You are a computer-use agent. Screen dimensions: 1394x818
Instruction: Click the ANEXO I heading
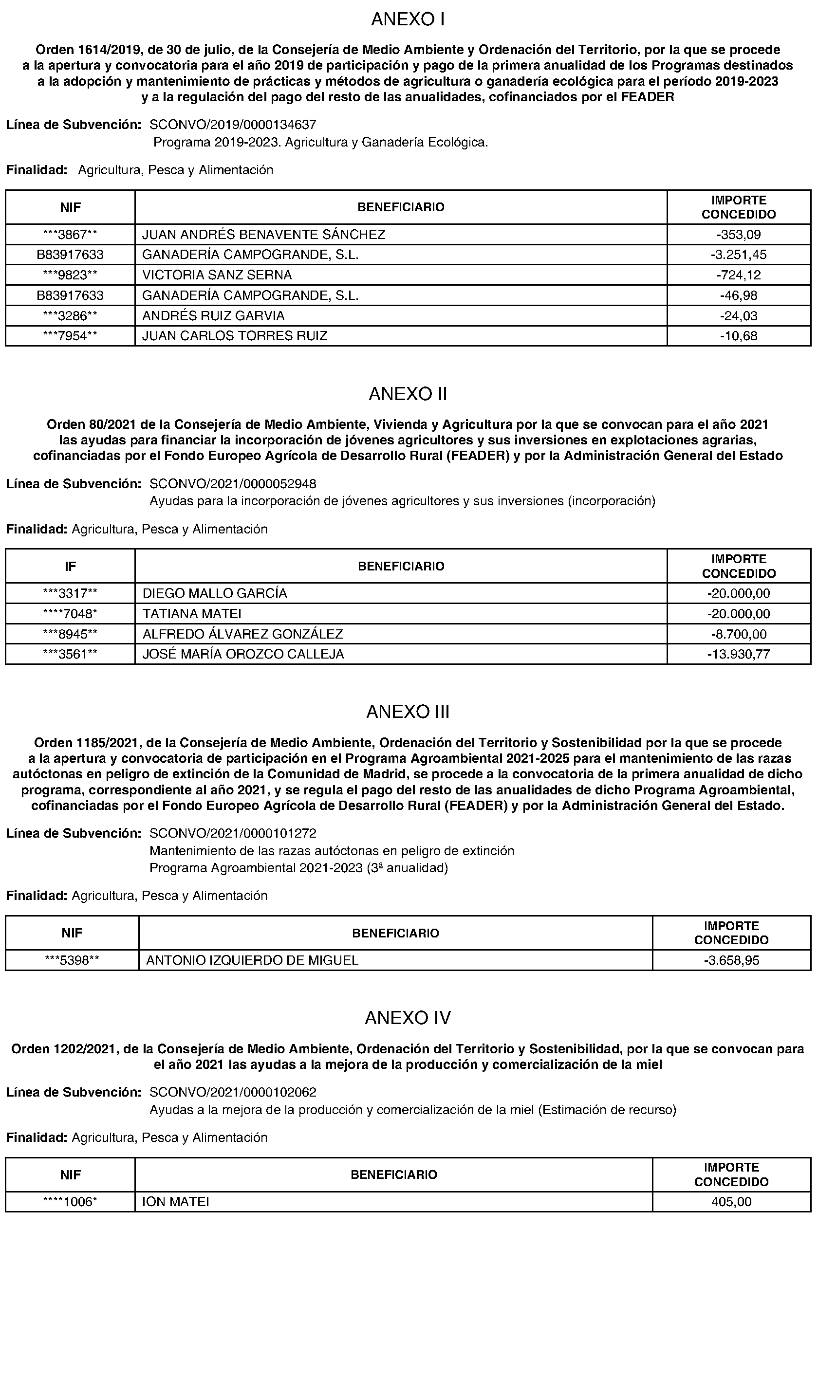[x=408, y=19]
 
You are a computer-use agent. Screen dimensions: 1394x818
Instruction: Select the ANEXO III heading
[x=408, y=712]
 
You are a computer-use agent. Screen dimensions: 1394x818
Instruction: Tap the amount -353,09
[x=738, y=235]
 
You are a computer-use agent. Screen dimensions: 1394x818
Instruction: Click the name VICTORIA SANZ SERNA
[x=217, y=275]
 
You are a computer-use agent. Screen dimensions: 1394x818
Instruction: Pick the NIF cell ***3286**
[x=70, y=316]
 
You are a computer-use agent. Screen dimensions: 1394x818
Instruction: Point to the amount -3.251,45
[x=738, y=255]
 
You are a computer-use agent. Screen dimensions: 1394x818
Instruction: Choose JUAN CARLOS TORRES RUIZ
[x=235, y=336]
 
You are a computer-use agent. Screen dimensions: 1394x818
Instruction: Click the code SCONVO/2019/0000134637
[x=233, y=125]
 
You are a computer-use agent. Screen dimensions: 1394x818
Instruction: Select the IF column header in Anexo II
[x=70, y=566]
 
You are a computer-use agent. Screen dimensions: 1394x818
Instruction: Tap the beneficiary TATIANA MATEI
[x=192, y=613]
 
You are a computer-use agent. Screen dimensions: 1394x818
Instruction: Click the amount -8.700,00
[x=738, y=634]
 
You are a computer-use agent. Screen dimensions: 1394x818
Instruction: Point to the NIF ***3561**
[x=70, y=654]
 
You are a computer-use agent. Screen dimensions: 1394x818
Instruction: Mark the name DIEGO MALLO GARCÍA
[x=215, y=593]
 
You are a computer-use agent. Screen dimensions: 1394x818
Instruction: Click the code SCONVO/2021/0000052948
[x=233, y=484]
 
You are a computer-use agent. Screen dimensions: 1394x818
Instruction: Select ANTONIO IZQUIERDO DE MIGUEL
[x=252, y=960]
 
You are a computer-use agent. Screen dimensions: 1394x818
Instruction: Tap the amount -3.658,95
[x=731, y=960]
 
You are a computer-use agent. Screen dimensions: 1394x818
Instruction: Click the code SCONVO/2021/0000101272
[x=233, y=833]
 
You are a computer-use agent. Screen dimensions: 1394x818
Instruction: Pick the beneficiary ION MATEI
[x=175, y=1201]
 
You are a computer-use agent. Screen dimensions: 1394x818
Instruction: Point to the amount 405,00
[x=731, y=1201]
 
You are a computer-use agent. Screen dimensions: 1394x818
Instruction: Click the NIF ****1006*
[x=70, y=1201]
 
